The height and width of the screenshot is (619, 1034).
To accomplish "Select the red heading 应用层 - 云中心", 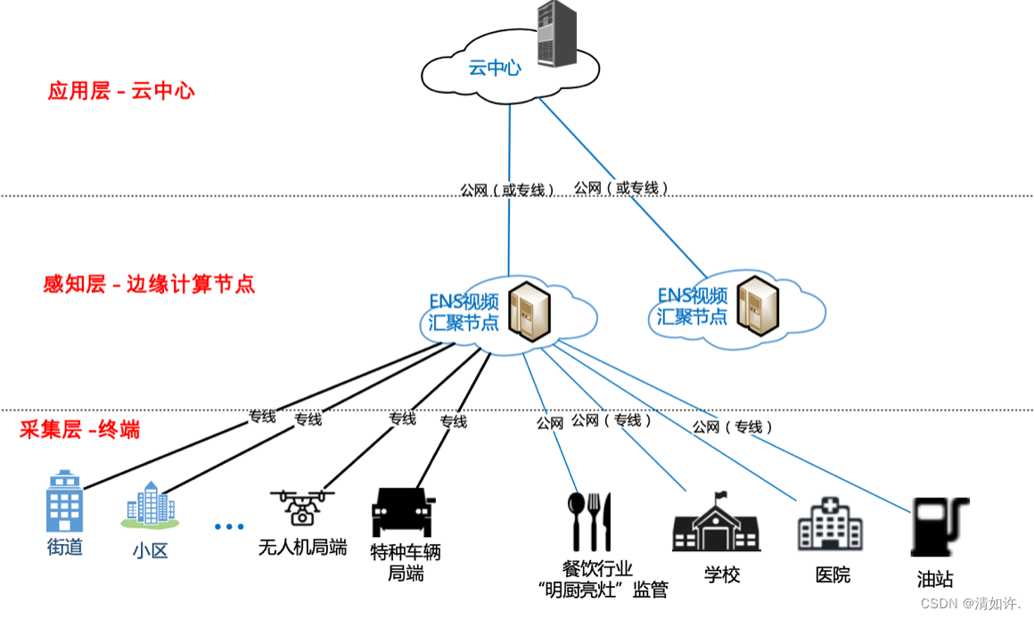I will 121,90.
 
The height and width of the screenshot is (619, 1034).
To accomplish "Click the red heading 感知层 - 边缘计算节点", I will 149,285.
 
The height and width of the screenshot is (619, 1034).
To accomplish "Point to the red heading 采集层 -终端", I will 79,430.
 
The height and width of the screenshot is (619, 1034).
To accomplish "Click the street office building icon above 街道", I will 64,502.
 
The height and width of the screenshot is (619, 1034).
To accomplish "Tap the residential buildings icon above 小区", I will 149,505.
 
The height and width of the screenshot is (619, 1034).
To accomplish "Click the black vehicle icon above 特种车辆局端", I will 403,511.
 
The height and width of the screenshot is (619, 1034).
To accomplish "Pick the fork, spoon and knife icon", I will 590,521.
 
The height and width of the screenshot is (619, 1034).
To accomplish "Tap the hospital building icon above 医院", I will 829,523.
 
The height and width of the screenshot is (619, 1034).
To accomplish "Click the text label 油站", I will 935,579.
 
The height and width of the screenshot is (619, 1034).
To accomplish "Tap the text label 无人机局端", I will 302,547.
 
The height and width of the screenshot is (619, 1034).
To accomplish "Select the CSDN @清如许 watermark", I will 970,604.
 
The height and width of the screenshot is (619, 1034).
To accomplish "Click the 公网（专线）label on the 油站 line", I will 732,427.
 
